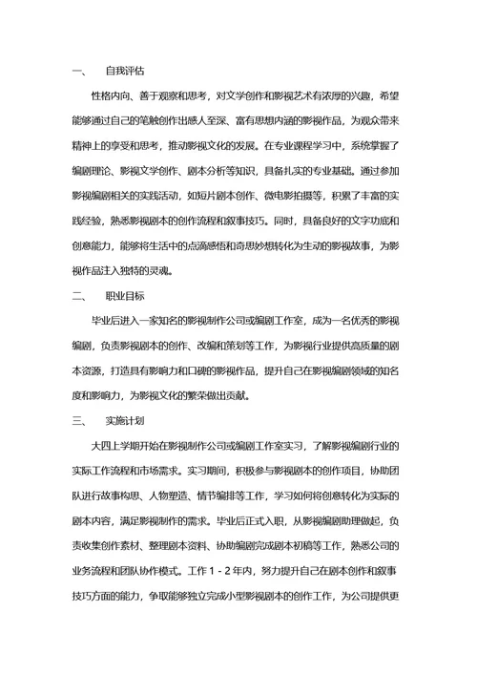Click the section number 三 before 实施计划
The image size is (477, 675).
78,420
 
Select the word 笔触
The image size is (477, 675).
176,121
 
